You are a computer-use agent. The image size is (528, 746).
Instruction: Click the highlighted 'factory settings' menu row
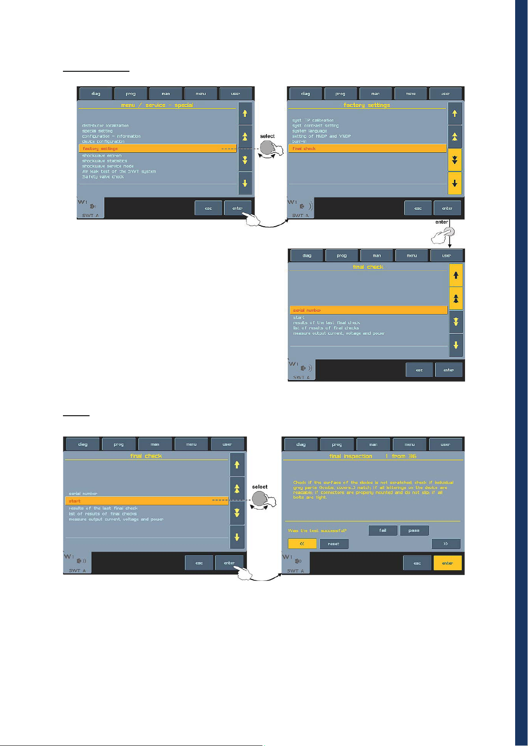(x=157, y=149)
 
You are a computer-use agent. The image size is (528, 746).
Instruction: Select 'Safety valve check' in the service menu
(x=103, y=177)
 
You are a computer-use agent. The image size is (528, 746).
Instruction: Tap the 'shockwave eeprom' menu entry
(x=102, y=156)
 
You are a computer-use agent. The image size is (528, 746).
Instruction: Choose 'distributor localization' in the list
(x=105, y=126)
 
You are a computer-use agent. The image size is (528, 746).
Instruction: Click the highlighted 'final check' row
(x=367, y=149)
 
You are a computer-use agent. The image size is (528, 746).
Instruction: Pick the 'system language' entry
(x=309, y=131)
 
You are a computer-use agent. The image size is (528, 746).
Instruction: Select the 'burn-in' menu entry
(x=299, y=142)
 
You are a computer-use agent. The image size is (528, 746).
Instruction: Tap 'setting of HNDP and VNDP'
(x=321, y=136)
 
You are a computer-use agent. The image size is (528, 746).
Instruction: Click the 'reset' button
(x=334, y=544)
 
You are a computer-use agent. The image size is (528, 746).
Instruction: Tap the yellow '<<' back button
(x=302, y=544)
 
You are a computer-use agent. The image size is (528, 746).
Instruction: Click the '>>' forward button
(x=446, y=544)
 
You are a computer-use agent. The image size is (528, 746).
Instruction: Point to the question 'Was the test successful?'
(x=317, y=530)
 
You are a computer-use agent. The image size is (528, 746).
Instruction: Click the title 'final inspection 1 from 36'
(x=372, y=456)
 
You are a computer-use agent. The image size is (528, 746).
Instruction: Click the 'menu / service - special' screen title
(x=157, y=105)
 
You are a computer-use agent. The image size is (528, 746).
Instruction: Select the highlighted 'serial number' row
(x=368, y=310)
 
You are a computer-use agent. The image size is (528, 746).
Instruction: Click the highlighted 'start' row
(x=146, y=501)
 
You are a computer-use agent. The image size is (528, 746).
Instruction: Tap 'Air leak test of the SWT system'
(x=119, y=171)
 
